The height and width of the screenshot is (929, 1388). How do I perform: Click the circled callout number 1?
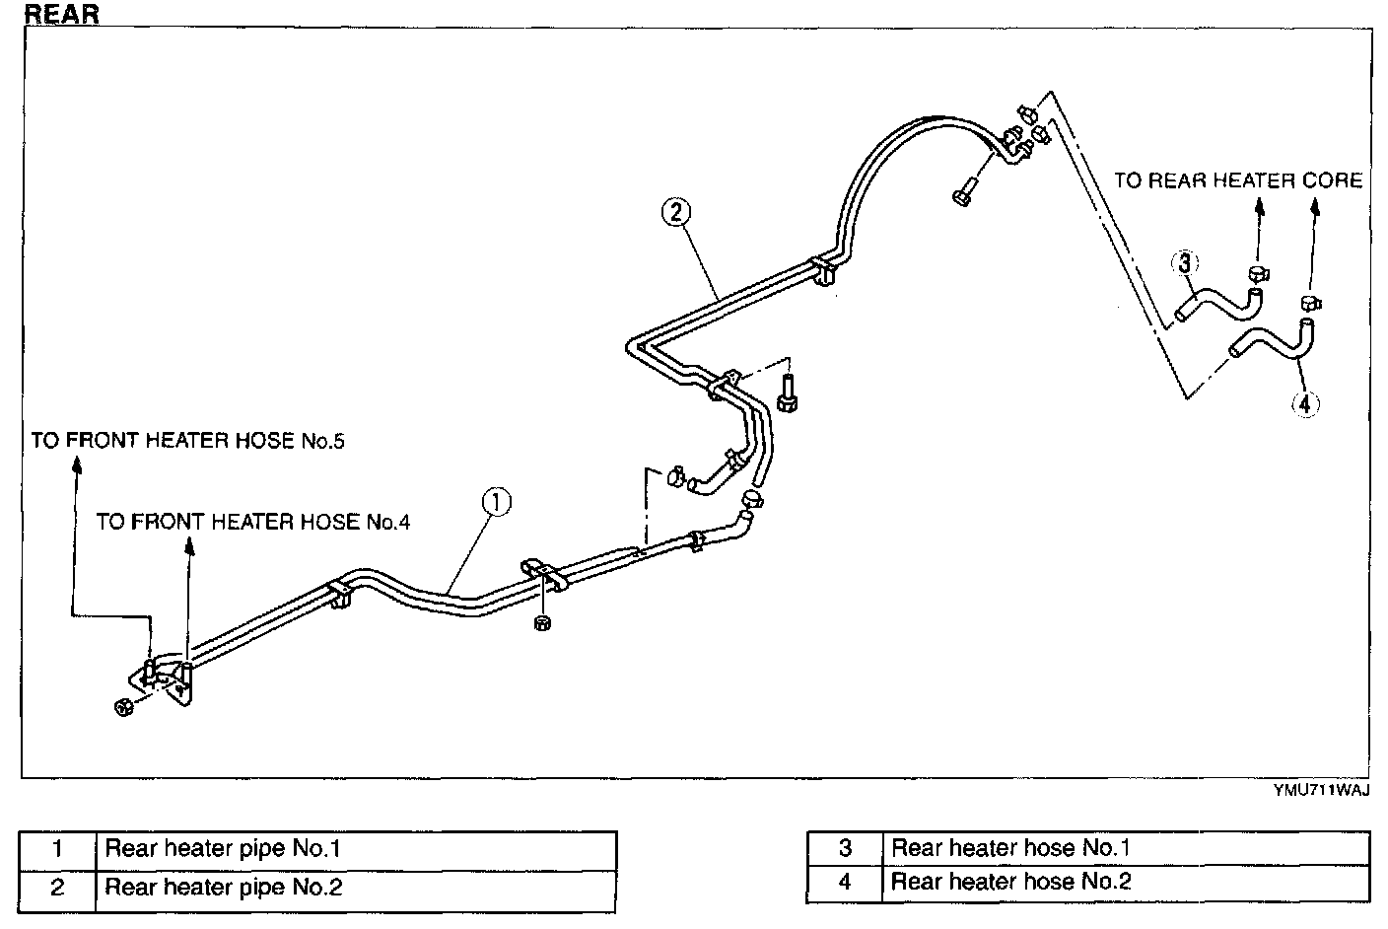point(497,503)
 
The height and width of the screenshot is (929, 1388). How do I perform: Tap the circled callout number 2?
point(676,212)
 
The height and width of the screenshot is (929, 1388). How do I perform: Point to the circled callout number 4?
point(1304,403)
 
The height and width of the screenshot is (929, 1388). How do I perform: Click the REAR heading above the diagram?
point(61,15)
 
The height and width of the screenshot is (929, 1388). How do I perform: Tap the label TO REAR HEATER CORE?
point(1238,180)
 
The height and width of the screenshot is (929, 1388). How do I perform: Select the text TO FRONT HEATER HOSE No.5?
point(188,441)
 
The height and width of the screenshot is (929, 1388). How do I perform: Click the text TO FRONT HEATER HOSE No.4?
point(253,522)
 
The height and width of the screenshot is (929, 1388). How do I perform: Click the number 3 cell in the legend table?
point(845,848)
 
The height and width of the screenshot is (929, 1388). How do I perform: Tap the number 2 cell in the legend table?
point(57,888)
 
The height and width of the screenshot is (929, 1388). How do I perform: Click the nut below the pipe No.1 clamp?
point(541,622)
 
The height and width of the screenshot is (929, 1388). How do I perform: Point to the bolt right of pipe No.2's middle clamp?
point(786,399)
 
